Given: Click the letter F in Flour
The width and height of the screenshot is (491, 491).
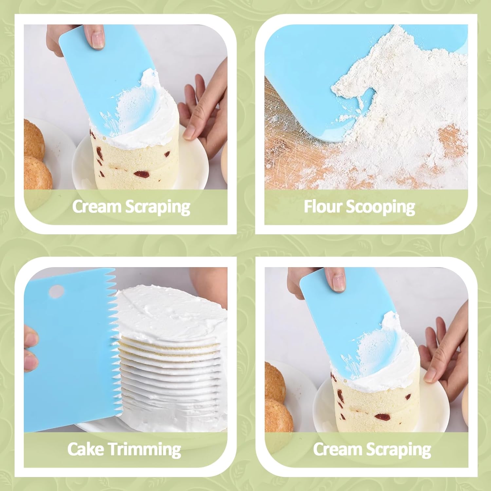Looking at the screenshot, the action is pos(308,207).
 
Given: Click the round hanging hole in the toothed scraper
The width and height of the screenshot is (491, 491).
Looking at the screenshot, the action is pos(56,290).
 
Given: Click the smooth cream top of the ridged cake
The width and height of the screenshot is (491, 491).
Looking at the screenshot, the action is pos(170,311).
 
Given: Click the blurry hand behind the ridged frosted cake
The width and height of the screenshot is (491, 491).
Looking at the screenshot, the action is pos(209,282).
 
